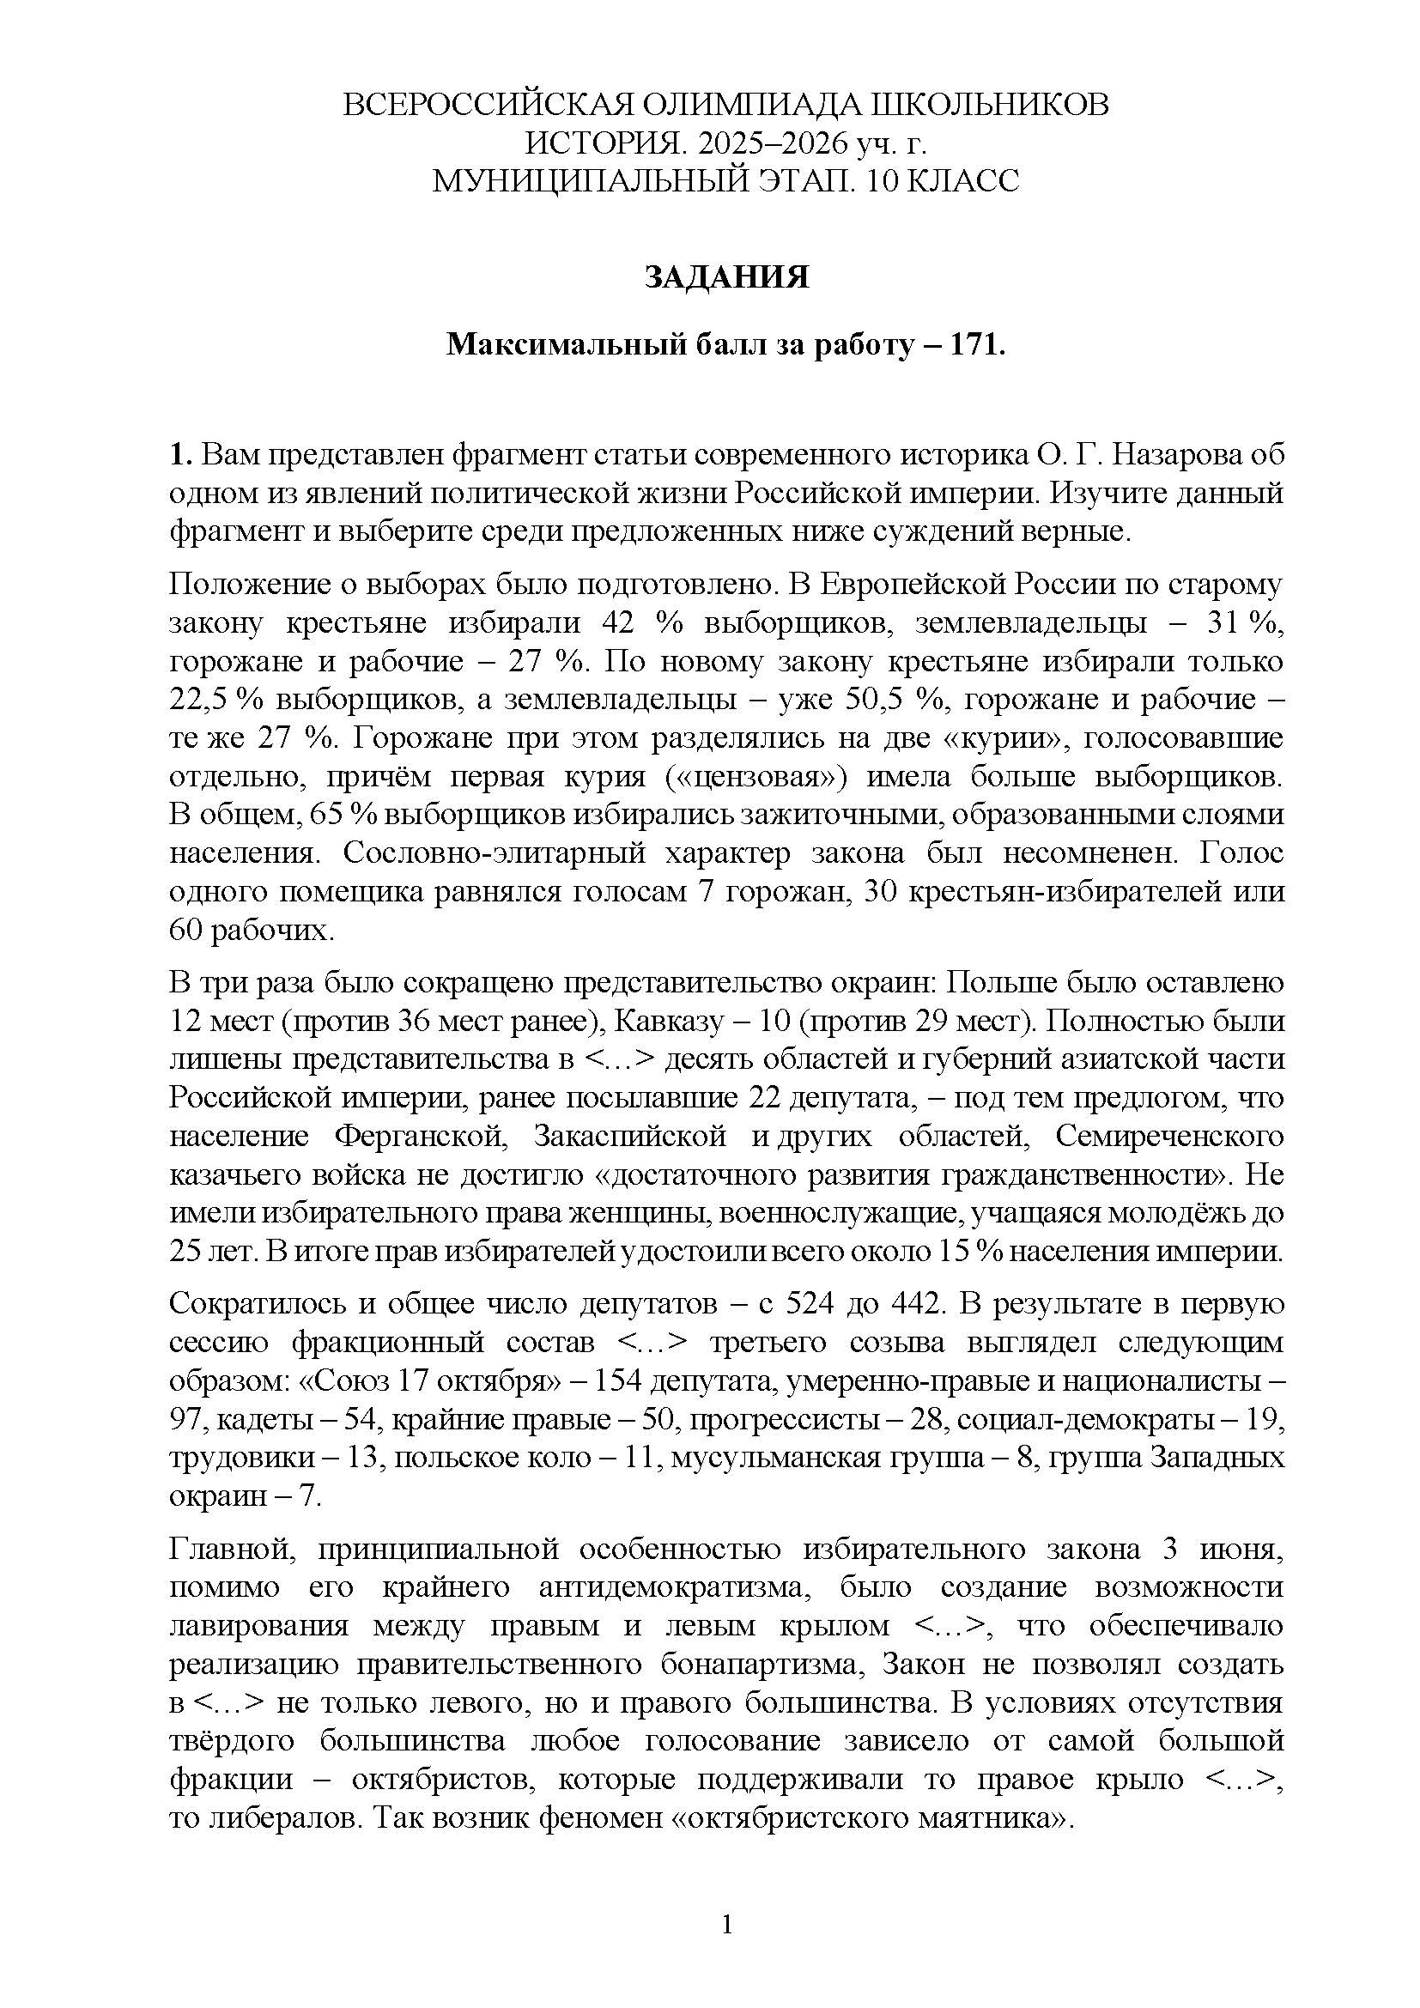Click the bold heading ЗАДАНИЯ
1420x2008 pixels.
click(726, 277)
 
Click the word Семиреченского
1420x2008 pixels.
click(1169, 1136)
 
